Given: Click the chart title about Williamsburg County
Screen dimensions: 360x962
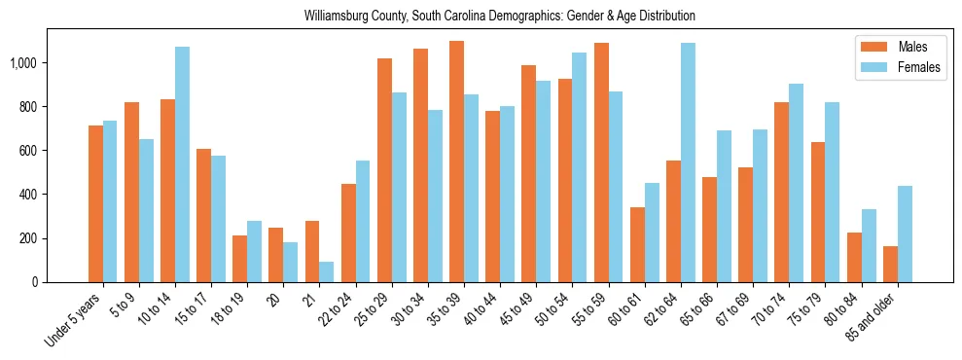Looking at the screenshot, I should click(x=499, y=17).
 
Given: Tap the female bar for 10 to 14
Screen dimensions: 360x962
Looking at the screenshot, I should click(x=182, y=164).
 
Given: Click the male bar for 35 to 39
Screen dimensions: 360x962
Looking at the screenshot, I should click(x=456, y=162).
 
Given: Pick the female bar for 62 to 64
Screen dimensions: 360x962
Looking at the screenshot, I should click(x=688, y=162).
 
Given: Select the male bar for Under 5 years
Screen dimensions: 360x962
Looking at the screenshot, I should click(x=95, y=203).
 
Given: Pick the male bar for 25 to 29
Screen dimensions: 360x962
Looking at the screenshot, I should click(x=384, y=170).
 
